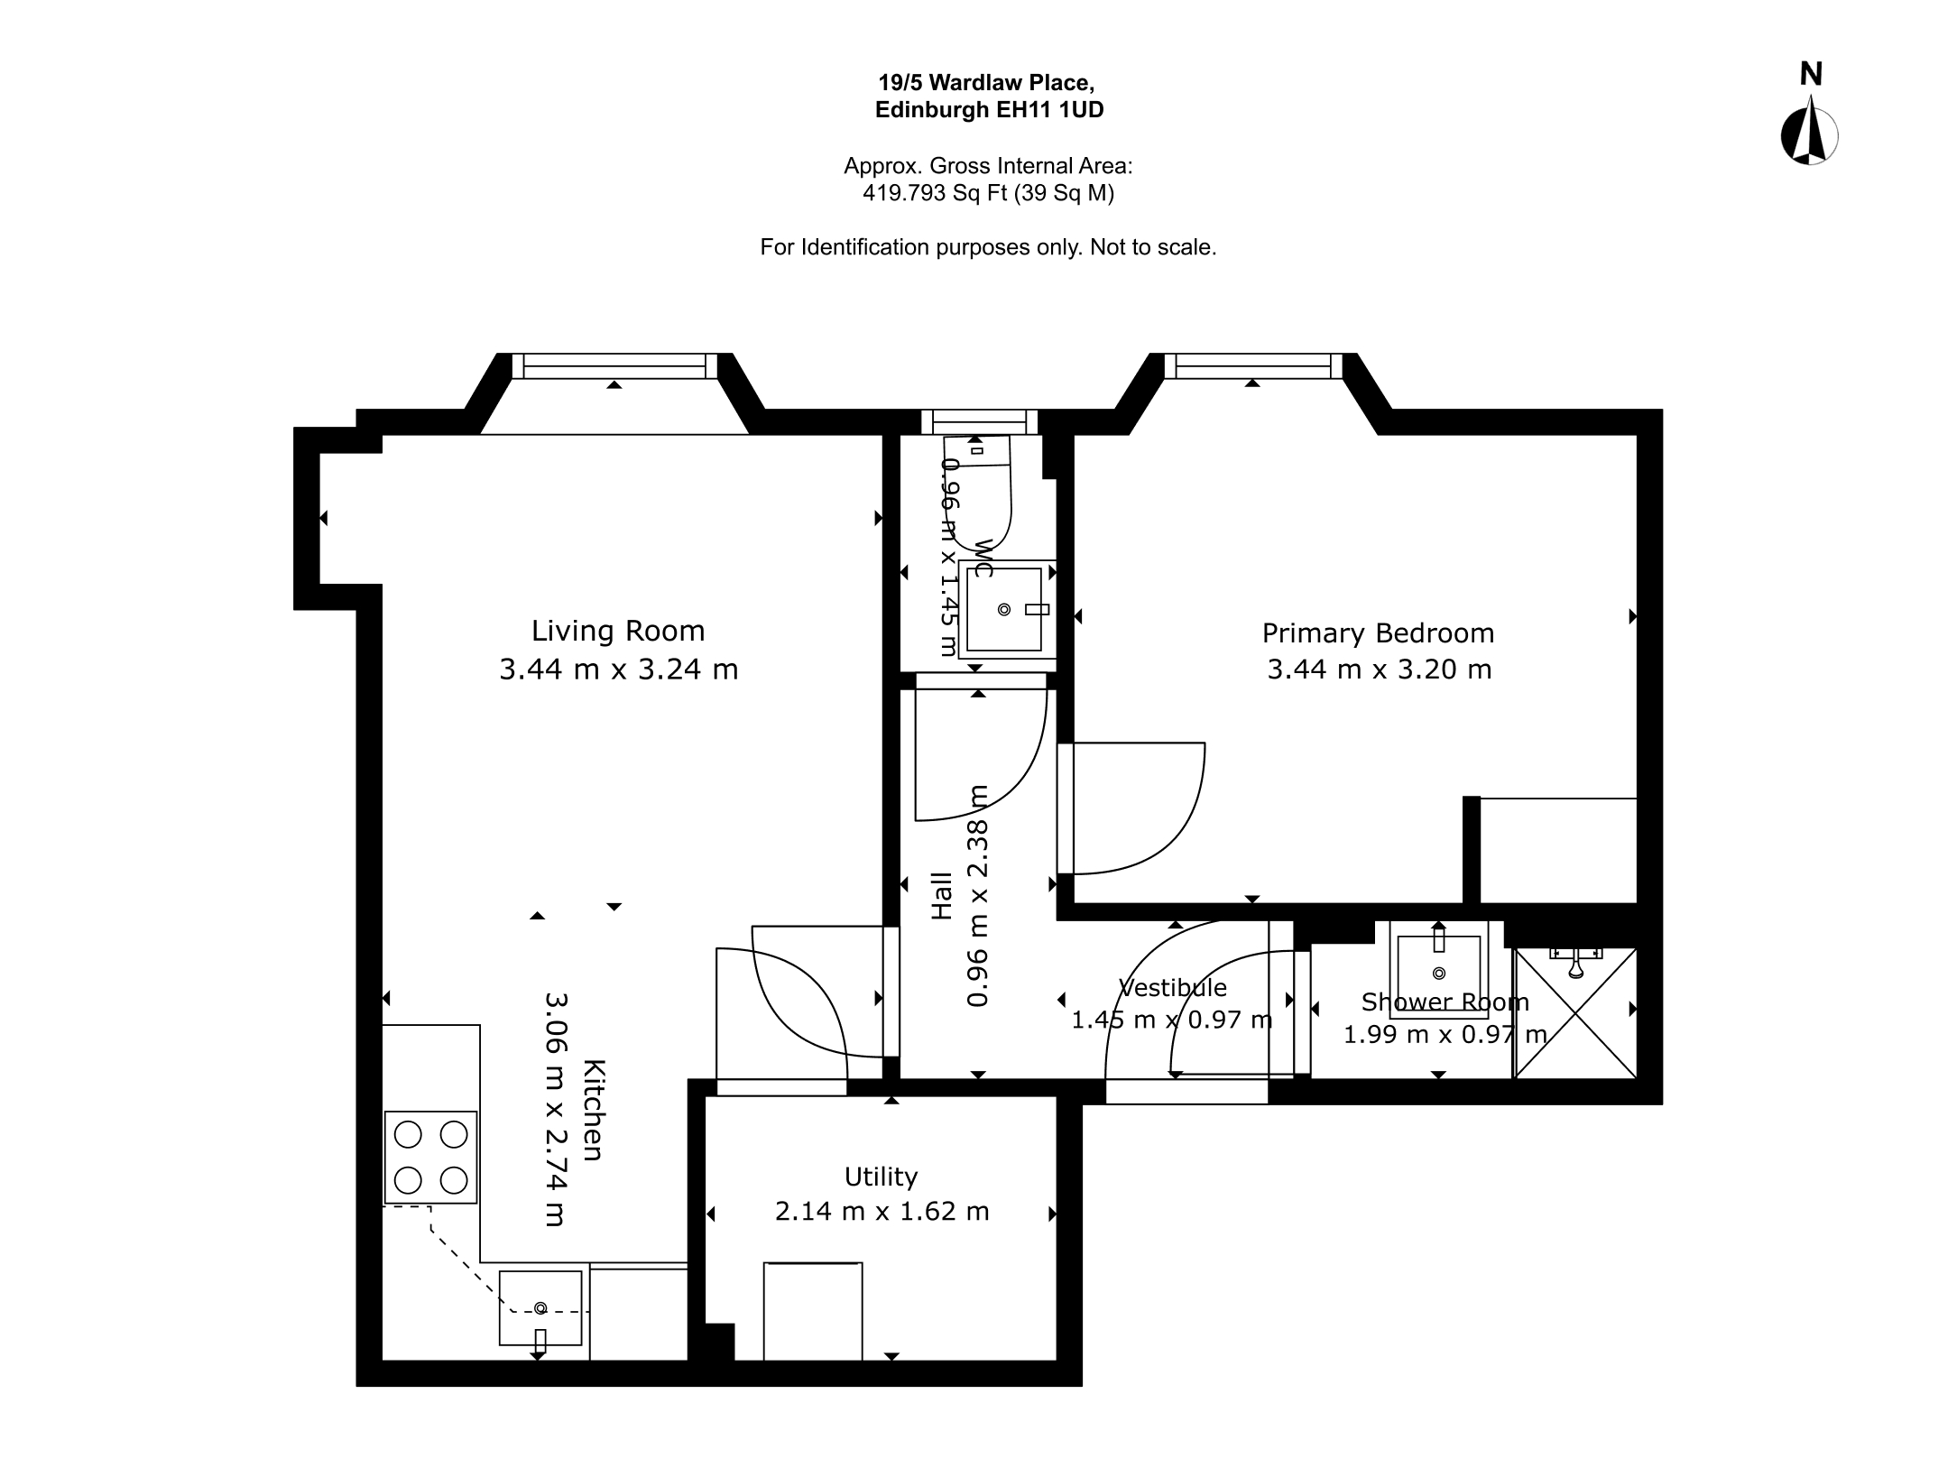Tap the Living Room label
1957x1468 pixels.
coord(618,631)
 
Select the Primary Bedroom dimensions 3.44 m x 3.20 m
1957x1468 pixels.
coord(1379,669)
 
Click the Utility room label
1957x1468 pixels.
coord(881,1177)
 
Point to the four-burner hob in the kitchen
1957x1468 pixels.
coord(430,1158)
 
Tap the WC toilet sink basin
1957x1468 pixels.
coord(1004,609)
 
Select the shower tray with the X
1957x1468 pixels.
coord(1575,1012)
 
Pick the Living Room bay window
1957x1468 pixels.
coord(614,365)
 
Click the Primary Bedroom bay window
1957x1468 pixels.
coord(1252,365)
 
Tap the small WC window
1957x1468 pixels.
coord(979,421)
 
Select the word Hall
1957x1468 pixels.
coord(941,895)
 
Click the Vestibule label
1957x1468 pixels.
coord(1173,988)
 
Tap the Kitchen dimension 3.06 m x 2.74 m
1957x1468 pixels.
coord(555,1110)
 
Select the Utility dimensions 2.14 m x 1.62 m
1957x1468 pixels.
coord(882,1211)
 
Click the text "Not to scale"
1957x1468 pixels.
coord(1153,247)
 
